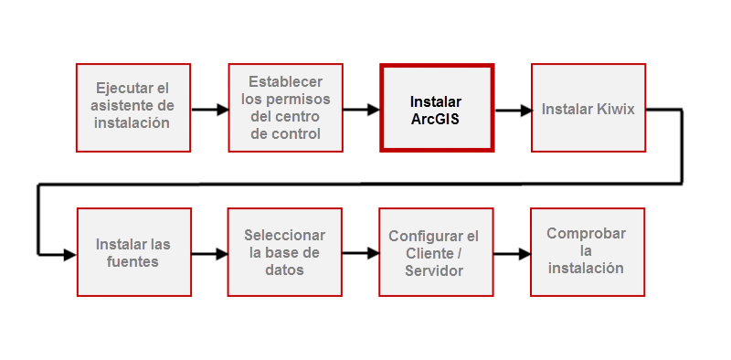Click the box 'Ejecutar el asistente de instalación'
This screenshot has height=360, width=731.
point(132,107)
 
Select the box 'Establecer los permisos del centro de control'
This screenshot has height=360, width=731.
point(285,107)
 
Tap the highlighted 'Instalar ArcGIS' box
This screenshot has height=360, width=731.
point(436,108)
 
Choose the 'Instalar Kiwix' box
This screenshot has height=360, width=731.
point(588,108)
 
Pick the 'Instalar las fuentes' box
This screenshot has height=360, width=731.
point(133,252)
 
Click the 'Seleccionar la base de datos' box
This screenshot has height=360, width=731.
point(285,252)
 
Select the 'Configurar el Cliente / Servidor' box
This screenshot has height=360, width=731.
point(434,252)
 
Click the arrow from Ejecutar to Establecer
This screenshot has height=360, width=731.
point(209,111)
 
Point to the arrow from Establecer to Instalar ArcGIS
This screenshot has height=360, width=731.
point(361,110)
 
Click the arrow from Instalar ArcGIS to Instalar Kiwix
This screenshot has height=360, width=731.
point(513,111)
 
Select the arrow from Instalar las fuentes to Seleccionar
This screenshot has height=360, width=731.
point(209,255)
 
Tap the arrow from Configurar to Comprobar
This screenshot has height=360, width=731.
point(512,254)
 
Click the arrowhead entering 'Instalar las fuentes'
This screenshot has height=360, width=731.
point(69,255)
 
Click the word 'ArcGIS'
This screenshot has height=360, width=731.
point(436,118)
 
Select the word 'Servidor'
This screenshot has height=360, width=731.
point(434,271)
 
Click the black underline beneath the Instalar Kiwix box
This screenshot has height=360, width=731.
point(588,154)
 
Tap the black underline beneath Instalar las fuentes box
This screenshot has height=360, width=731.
point(133,299)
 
